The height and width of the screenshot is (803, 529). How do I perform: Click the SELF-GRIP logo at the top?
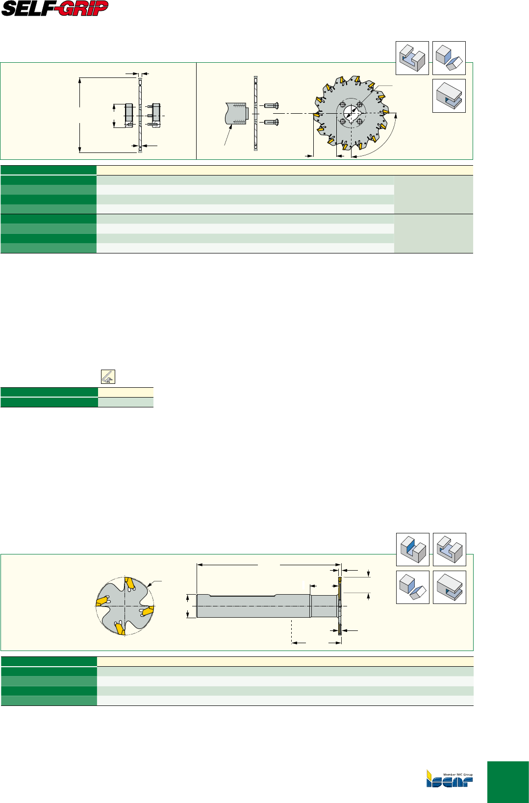tap(55, 8)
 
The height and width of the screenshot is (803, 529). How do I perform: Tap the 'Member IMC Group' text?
tap(458, 775)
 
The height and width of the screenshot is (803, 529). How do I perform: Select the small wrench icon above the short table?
tap(108, 377)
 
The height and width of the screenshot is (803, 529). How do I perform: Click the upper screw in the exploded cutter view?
tap(271, 105)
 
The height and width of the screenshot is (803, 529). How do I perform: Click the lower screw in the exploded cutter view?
tap(271, 122)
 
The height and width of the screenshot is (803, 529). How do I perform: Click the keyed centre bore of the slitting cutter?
tap(351, 114)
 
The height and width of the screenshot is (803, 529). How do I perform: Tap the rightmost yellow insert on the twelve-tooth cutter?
tap(386, 112)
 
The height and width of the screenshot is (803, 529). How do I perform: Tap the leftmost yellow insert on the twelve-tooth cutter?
tap(317, 115)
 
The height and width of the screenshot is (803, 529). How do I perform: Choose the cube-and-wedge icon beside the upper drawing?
tap(449, 58)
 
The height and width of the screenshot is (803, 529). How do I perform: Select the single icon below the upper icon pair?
tap(449, 96)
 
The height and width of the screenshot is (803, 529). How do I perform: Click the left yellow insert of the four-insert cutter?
tap(102, 601)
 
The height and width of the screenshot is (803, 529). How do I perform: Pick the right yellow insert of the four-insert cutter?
tap(148, 610)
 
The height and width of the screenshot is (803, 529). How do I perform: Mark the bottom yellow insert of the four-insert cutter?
tap(120, 629)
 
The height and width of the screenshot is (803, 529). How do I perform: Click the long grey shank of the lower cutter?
tap(253, 606)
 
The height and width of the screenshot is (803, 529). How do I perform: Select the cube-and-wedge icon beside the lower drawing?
tap(412, 587)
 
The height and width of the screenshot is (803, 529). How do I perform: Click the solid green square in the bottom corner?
tap(508, 782)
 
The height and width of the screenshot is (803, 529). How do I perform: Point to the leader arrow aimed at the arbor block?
tap(227, 135)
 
